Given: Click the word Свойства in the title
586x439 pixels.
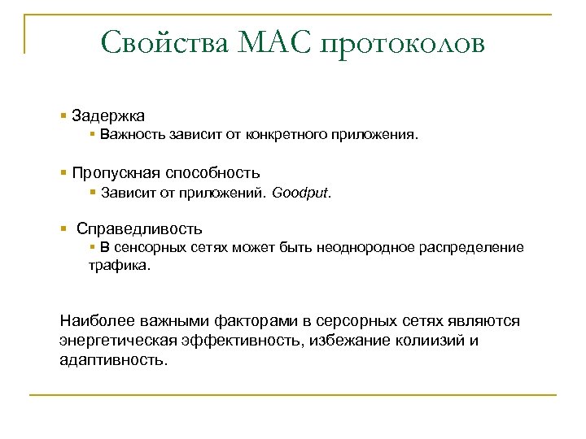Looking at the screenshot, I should click(x=166, y=42).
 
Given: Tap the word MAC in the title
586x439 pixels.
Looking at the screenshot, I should click(x=277, y=42).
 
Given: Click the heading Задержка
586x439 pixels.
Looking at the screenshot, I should click(x=108, y=116).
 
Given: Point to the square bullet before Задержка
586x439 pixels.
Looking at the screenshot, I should click(x=63, y=116).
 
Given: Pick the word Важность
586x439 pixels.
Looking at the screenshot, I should click(x=133, y=136).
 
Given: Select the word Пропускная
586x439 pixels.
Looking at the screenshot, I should click(x=116, y=173).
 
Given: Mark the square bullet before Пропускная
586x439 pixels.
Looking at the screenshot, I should click(x=63, y=173).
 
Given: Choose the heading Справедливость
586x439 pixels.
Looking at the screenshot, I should click(x=139, y=229).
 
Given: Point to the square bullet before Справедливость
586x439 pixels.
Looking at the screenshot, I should click(x=63, y=229).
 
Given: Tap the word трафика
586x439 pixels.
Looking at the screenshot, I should click(x=120, y=265).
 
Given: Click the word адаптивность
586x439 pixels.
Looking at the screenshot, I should click(x=113, y=359).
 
